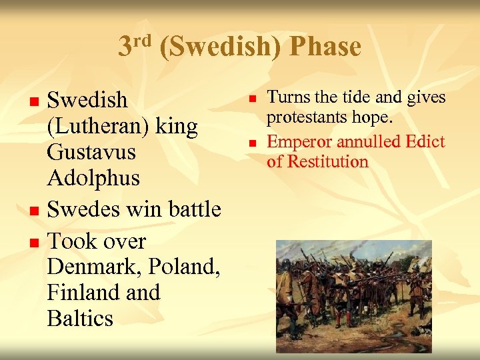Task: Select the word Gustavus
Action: (x=91, y=152)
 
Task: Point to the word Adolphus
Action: (x=93, y=178)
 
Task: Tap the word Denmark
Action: (x=96, y=267)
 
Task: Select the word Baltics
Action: (x=80, y=318)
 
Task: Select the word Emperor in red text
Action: (x=299, y=141)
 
